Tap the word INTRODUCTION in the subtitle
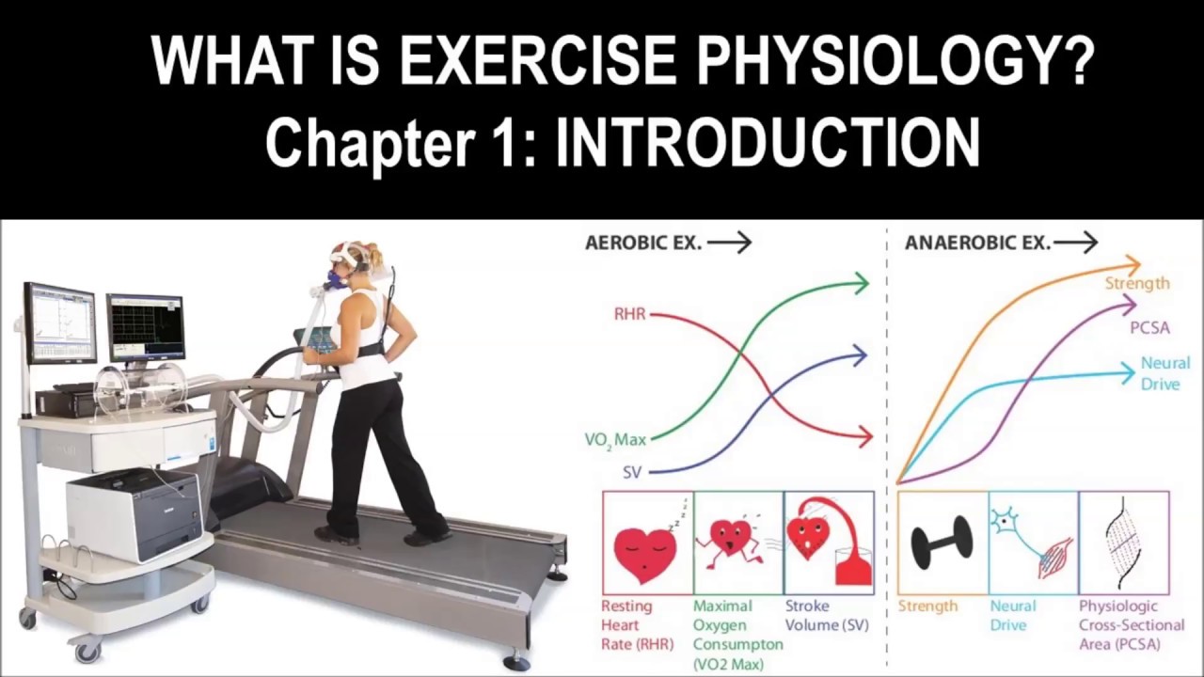click(x=768, y=143)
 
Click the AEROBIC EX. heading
click(x=643, y=243)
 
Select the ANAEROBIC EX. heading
click(x=977, y=243)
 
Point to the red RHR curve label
click(x=630, y=314)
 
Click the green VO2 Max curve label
click(x=615, y=439)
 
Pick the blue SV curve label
click(x=632, y=472)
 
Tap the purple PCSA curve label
click(x=1149, y=328)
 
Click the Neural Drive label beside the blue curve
click(x=1164, y=373)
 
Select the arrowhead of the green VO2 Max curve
click(x=860, y=282)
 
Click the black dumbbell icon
click(x=942, y=542)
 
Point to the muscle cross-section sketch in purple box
click(x=1123, y=542)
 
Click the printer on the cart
click(x=135, y=513)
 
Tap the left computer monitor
click(x=60, y=323)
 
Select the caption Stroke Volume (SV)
click(x=827, y=615)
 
